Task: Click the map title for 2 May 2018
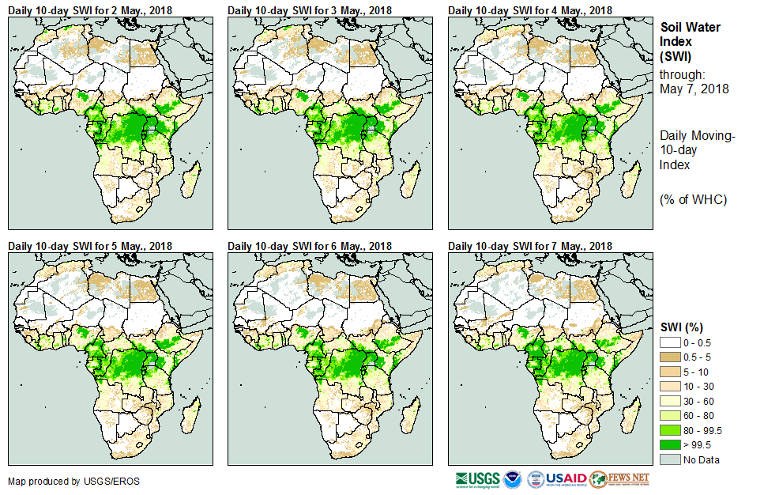pos(90,9)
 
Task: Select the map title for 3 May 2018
pos(310,9)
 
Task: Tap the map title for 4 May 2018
pos(530,9)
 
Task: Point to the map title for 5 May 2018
pos(90,246)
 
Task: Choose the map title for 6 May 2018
pos(310,246)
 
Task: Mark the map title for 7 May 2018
pos(530,246)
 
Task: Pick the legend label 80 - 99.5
pos(702,430)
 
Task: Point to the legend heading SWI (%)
pos(682,327)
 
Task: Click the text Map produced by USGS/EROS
pos(60,481)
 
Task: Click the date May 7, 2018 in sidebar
pos(694,89)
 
